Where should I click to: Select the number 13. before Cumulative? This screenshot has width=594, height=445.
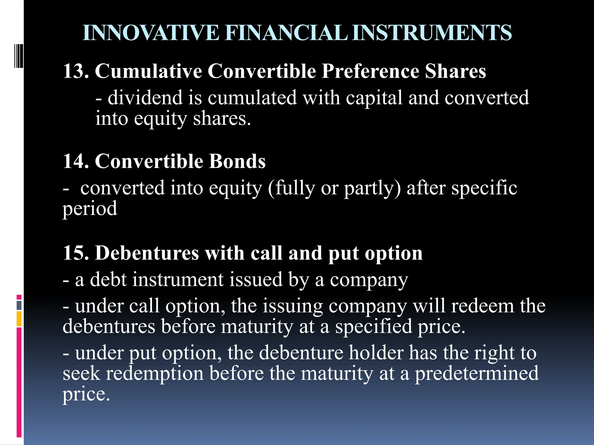pos(76,71)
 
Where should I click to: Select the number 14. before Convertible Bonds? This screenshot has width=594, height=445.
pos(76,161)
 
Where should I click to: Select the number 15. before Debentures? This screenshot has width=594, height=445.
pos(76,253)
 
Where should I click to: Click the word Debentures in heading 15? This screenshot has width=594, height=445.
pos(147,253)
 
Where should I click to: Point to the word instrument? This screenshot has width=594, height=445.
pos(178,280)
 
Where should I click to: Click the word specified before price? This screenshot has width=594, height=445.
pos(374,327)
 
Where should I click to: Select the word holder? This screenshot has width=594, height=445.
pos(376,353)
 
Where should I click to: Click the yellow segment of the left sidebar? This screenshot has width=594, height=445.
pos(19,319)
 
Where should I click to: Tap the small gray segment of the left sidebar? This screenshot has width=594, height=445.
pos(19,305)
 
